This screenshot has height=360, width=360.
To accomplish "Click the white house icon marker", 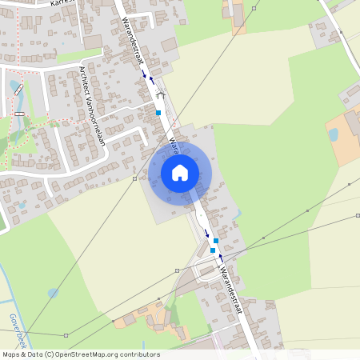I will pos(179,172).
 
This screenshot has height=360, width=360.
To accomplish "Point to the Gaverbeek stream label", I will pos(16,327).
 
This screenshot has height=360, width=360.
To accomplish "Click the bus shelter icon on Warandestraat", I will pos(160,95).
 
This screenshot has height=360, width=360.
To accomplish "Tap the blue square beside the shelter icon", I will pos(158,113).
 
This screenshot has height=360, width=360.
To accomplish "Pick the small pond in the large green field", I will pos(53,293).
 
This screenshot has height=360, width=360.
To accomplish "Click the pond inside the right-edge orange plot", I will pos(333,134).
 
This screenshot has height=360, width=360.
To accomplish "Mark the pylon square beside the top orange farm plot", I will pos(254,8).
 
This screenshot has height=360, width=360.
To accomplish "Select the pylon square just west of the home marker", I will pos(134,178).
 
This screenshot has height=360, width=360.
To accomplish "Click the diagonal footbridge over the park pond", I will pos(18,90).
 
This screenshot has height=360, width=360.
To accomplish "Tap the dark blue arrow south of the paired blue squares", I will pos(221,258).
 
